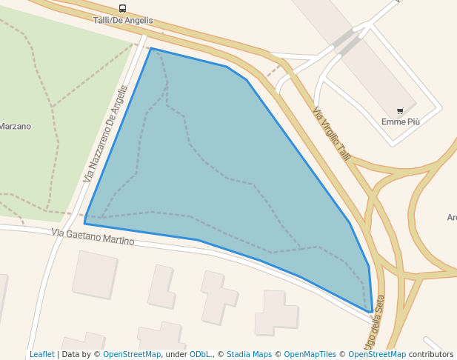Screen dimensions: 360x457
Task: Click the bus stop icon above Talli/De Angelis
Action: [122, 9]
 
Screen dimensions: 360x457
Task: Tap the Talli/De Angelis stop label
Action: [123, 20]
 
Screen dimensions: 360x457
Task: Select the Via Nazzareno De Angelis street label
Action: [105, 134]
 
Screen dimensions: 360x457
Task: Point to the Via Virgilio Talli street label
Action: [331, 133]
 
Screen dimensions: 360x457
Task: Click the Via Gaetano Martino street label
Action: [93, 237]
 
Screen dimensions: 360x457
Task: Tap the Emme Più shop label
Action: [400, 121]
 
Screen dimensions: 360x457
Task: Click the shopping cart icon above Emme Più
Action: [400, 111]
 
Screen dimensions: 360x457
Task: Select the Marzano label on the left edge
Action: [15, 126]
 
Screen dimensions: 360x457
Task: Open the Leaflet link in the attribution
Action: [41, 354]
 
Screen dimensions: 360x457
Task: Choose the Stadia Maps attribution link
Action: [249, 354]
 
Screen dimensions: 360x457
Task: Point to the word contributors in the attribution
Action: [431, 354]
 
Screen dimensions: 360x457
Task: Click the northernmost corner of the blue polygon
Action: [151, 49]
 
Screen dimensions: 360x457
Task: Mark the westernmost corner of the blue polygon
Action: [84, 223]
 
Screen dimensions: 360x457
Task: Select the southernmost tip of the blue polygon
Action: [372, 313]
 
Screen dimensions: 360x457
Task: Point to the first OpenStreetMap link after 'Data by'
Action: [132, 354]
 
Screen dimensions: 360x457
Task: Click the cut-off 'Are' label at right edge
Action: [451, 218]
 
